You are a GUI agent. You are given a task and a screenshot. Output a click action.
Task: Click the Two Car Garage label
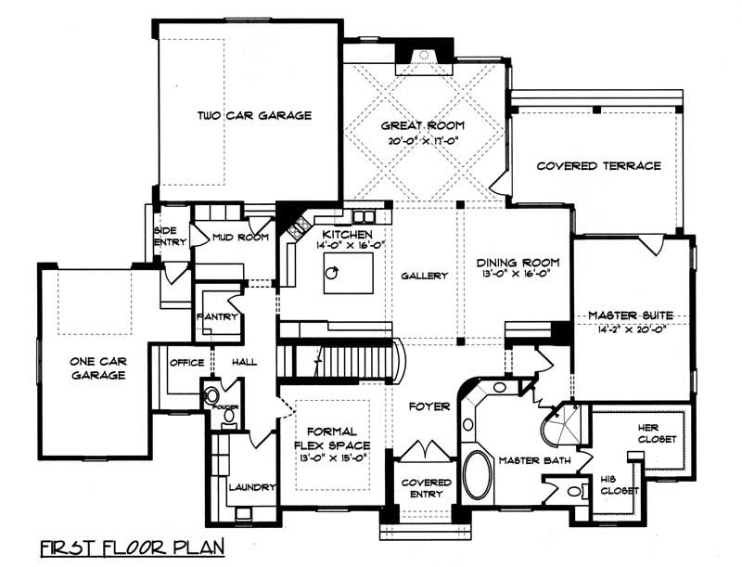pyautogui.click(x=253, y=116)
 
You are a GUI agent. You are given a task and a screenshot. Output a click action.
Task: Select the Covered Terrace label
pyautogui.click(x=598, y=166)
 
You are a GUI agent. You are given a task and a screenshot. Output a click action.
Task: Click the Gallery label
pyautogui.click(x=425, y=276)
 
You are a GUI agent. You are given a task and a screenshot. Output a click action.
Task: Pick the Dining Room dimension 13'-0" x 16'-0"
pyautogui.click(x=513, y=275)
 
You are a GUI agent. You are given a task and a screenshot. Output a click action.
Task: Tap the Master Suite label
pyautogui.click(x=631, y=316)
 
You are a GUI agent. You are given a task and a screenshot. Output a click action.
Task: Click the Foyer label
pyautogui.click(x=429, y=406)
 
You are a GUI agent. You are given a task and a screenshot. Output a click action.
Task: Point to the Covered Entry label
pyautogui.click(x=426, y=488)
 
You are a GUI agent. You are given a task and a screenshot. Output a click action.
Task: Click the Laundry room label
pyautogui.click(x=250, y=486)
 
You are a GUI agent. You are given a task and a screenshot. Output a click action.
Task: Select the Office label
pyautogui.click(x=186, y=363)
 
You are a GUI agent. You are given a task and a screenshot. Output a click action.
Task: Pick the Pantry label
pyautogui.click(x=218, y=316)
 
